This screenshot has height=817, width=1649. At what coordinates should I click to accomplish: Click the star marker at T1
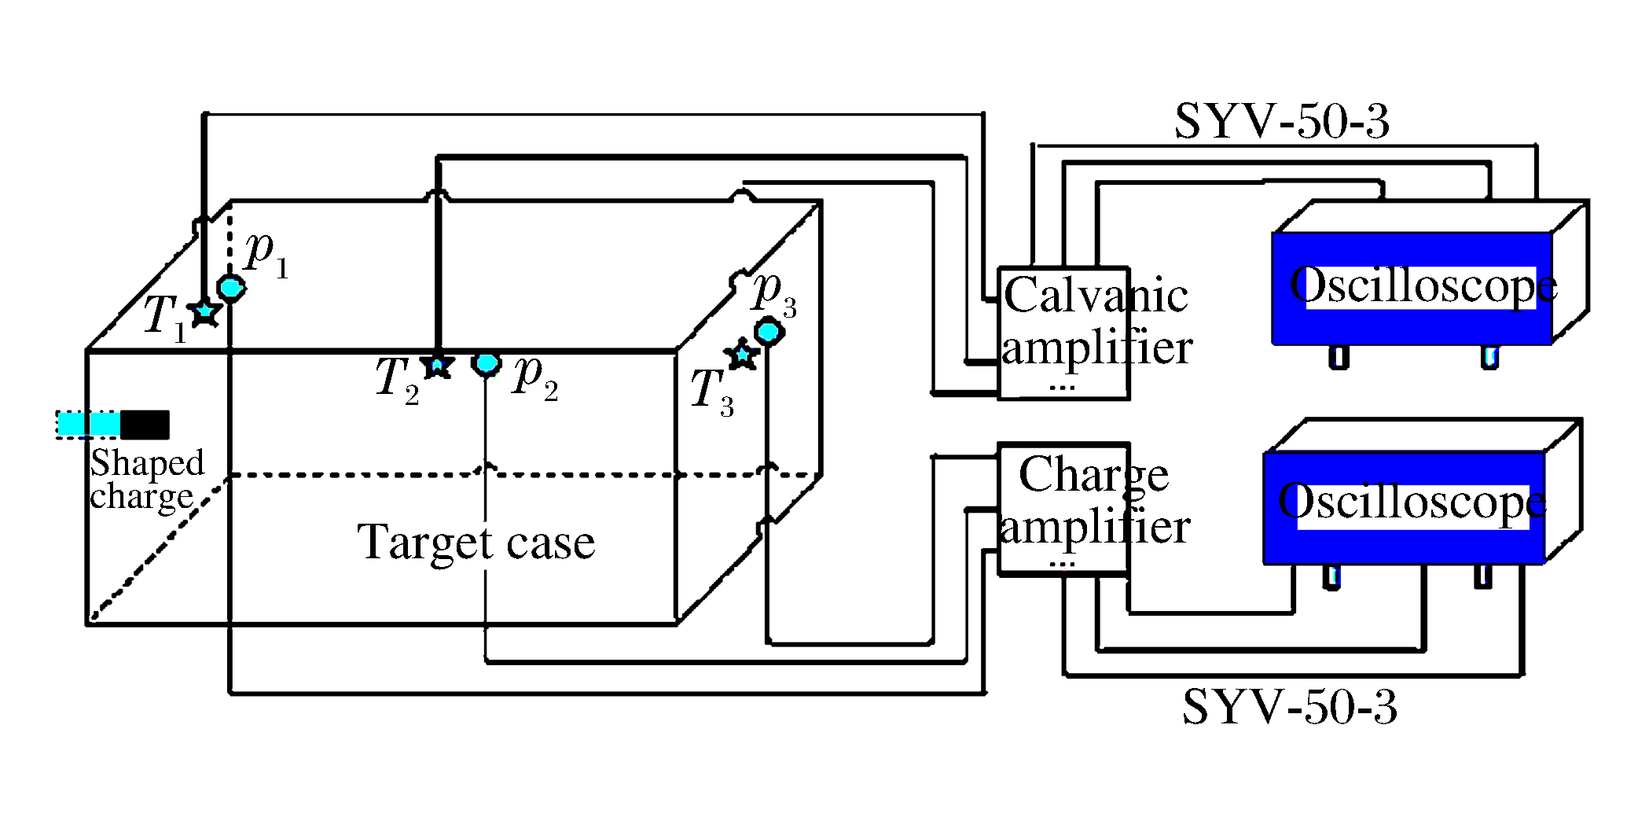pyautogui.click(x=205, y=312)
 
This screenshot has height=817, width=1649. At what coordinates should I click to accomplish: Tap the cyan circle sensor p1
pyautogui.click(x=231, y=287)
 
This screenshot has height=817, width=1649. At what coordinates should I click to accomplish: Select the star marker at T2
pyautogui.click(x=437, y=365)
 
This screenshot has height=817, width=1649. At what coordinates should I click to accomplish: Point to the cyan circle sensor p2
pyautogui.click(x=487, y=363)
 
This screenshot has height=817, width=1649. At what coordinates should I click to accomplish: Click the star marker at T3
pyautogui.click(x=742, y=355)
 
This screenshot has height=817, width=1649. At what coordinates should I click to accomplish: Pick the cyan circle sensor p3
pyautogui.click(x=769, y=331)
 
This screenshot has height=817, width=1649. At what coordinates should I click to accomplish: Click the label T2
pyautogui.click(x=397, y=379)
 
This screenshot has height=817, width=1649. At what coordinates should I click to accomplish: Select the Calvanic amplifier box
pyautogui.click(x=1063, y=333)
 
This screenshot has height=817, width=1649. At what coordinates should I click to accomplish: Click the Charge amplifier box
pyautogui.click(x=1063, y=509)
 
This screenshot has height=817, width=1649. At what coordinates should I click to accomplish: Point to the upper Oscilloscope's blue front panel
pyautogui.click(x=1412, y=288)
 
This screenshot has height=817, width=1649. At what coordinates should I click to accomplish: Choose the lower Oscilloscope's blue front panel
pyautogui.click(x=1404, y=507)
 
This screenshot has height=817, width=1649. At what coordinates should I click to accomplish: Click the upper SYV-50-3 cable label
pyautogui.click(x=1282, y=122)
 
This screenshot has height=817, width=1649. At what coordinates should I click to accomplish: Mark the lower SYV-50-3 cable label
pyautogui.click(x=1290, y=706)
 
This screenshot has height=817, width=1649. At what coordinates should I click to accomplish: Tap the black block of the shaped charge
pyautogui.click(x=145, y=425)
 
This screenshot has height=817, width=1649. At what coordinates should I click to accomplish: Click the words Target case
pyautogui.click(x=476, y=543)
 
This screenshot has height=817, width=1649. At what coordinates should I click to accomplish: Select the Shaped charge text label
pyautogui.click(x=147, y=480)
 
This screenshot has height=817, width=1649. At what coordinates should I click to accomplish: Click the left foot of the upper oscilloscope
pyautogui.click(x=1339, y=357)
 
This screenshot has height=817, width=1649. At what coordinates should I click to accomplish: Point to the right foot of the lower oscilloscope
pyautogui.click(x=1482, y=576)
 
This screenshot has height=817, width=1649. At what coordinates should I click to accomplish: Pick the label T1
pyautogui.click(x=165, y=318)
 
